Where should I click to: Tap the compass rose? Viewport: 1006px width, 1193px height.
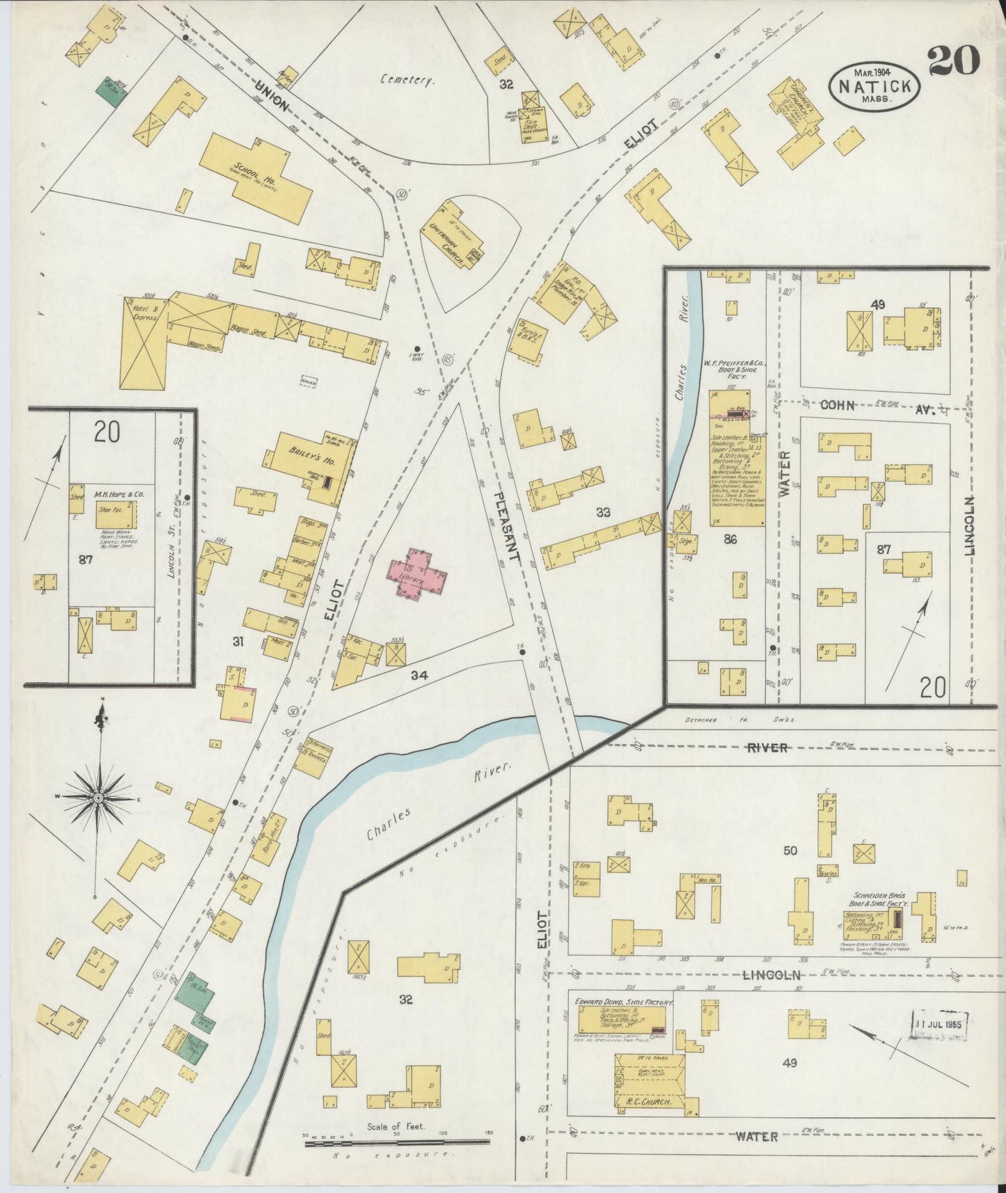point(99,796)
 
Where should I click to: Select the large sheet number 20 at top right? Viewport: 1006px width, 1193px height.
point(953,61)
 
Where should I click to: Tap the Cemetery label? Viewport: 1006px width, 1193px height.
point(407,80)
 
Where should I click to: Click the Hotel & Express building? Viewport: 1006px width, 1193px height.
point(143,343)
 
